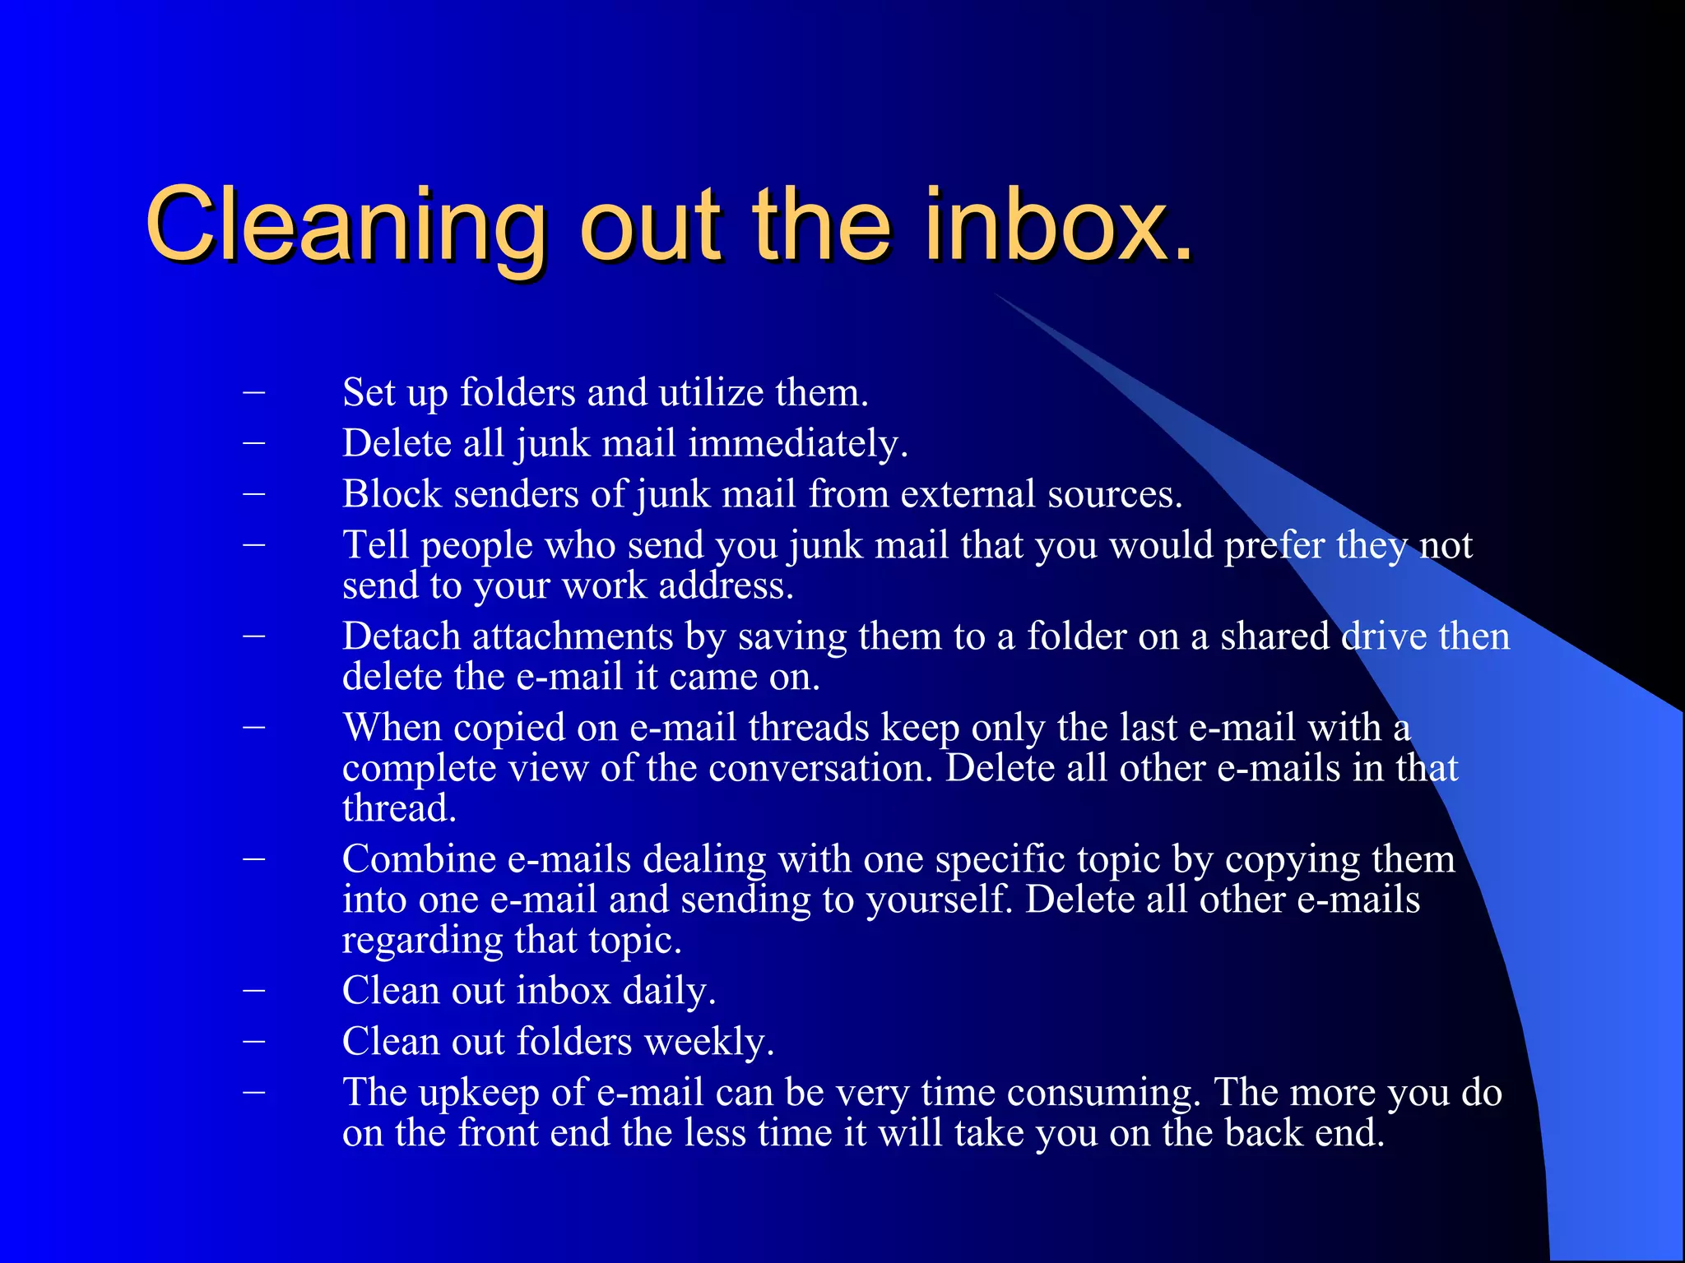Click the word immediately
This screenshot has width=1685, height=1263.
pyautogui.click(x=797, y=444)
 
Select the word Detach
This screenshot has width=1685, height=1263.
pyautogui.click(x=401, y=637)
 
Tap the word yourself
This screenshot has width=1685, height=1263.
pyautogui.click(x=939, y=900)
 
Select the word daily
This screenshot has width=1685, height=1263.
pyautogui.click(x=668, y=991)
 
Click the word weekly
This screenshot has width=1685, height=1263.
pyautogui.click(x=708, y=1042)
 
